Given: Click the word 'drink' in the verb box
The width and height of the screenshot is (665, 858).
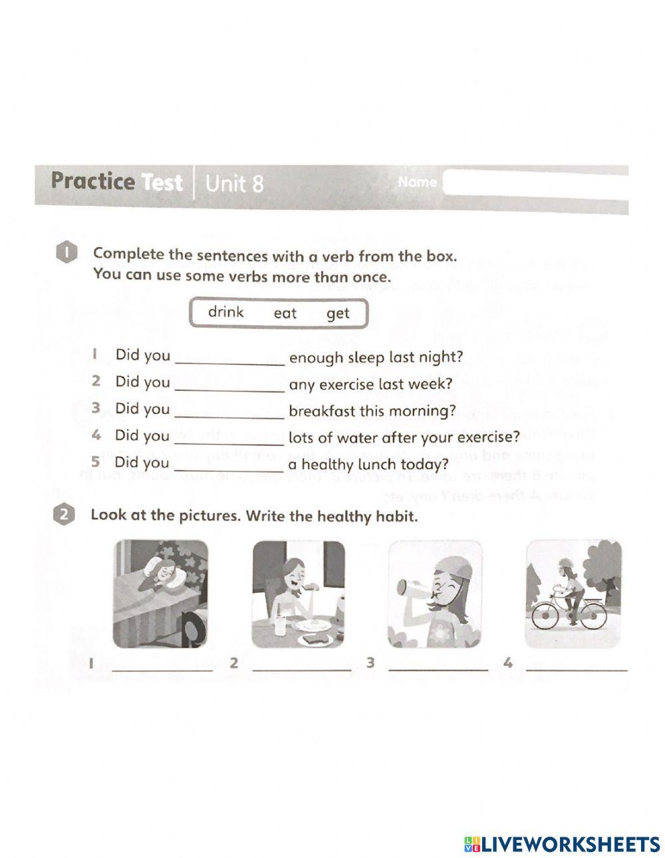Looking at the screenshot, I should pos(225,312).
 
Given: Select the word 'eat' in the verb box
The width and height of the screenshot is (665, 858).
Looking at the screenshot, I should pos(285,313).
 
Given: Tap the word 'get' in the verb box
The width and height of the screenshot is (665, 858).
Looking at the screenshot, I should pos(338,314).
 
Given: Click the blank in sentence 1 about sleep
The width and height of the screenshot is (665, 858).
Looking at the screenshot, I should pos(229,359).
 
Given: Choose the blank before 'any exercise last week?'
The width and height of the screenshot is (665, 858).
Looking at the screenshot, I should pos(229,385).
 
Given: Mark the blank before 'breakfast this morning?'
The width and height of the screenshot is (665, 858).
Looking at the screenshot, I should pos(229,413).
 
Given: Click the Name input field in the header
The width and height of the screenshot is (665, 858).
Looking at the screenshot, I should pos(535,182).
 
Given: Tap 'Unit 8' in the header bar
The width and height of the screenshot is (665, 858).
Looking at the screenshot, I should pos(234,183).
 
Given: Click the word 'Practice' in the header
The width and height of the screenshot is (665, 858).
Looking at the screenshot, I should pos(92,181).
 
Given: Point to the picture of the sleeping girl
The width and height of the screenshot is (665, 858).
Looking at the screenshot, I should pos(160,593).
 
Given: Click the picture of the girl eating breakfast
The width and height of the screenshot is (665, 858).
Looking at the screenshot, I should pos(298,593).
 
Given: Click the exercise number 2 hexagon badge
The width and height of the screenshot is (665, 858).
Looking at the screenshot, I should pos(63,516).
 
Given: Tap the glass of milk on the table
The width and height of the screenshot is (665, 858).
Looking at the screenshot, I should pos(280,624).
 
